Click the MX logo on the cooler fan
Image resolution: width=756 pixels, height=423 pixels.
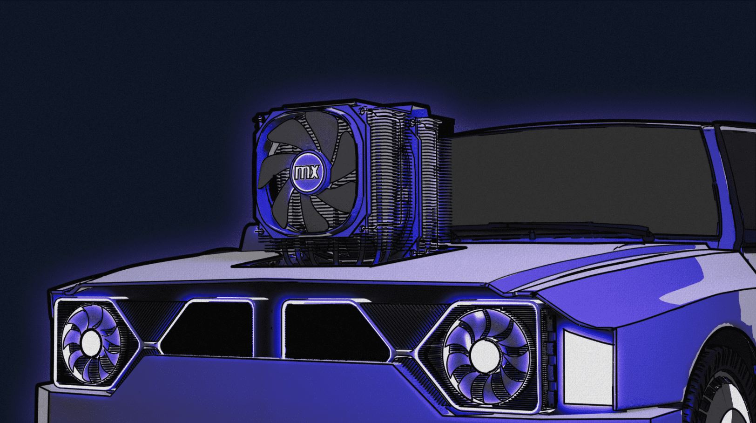tap(307, 172)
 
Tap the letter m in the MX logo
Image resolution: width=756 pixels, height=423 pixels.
tap(301, 172)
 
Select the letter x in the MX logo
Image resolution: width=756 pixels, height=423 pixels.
tap(314, 172)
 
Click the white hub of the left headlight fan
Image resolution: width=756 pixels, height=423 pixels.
tap(90, 343)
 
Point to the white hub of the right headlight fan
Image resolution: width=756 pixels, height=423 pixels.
tap(486, 355)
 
